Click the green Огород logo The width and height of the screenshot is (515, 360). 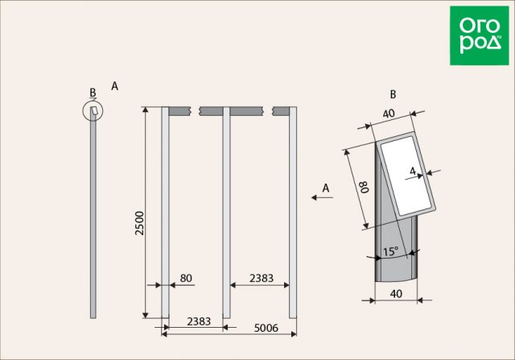480,35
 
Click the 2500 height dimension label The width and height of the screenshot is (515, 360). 140,223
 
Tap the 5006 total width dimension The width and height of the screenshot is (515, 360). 266,328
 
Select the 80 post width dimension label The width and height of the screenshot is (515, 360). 186,278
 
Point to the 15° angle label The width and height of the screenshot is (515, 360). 391,251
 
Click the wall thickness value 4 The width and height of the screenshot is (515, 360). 413,171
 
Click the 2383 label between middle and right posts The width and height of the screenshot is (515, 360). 262,278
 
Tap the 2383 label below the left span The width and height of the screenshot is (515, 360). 199,321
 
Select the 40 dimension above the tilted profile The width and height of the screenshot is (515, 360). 389,114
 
